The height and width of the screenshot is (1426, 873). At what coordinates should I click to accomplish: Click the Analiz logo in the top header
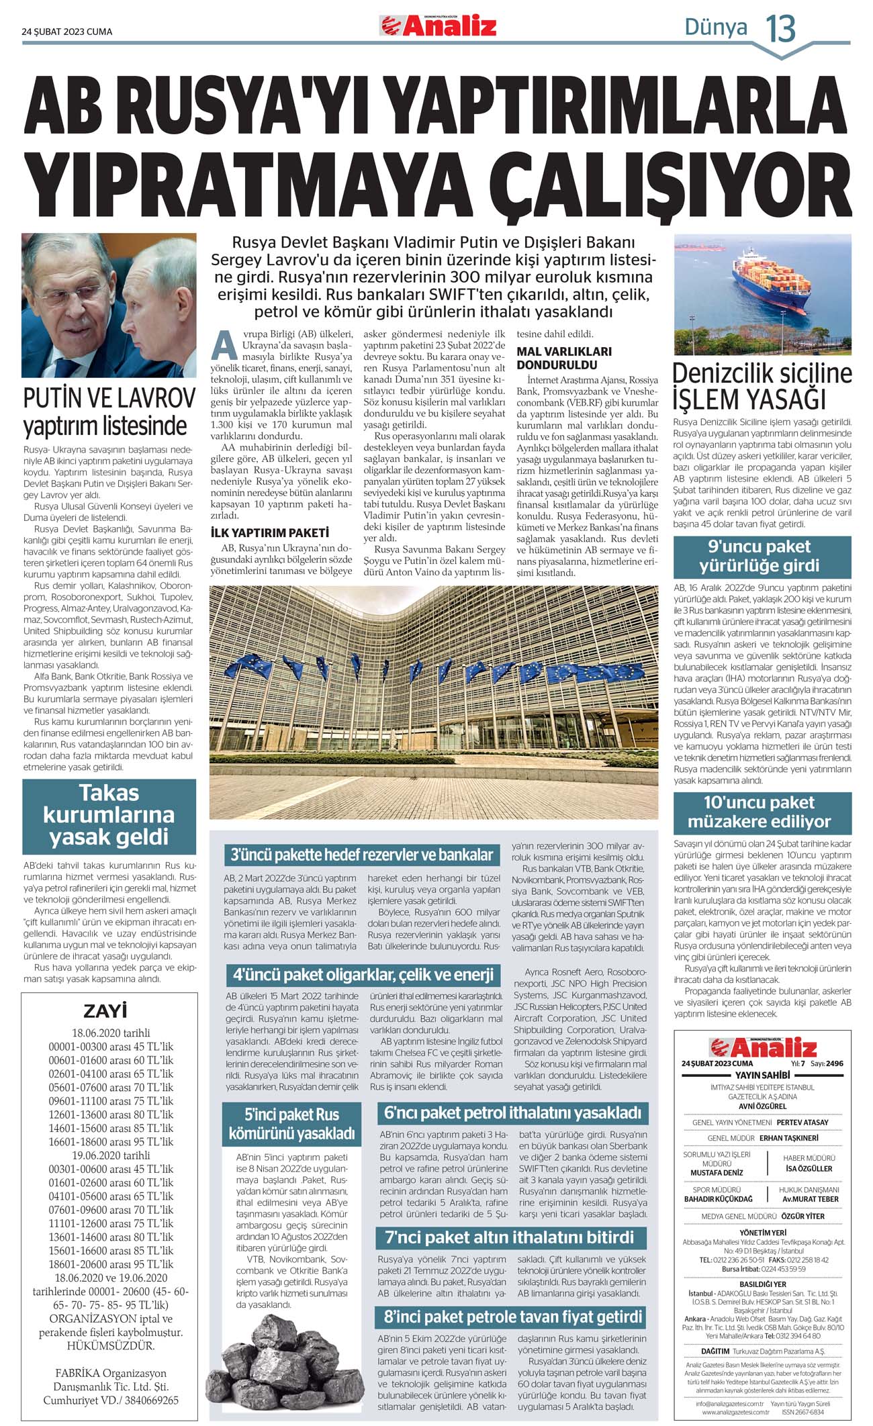(x=439, y=26)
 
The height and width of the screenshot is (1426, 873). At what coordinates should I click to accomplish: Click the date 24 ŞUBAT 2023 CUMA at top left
(x=67, y=32)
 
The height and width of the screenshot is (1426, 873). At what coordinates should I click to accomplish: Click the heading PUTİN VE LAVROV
(x=109, y=399)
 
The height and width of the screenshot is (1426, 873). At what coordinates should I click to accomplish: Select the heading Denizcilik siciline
(x=762, y=373)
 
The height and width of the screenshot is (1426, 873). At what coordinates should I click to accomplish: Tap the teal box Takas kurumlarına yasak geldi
(x=109, y=815)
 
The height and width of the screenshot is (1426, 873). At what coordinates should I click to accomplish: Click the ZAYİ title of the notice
(x=109, y=1011)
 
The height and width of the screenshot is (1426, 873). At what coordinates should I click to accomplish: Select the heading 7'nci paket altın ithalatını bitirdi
(x=509, y=1237)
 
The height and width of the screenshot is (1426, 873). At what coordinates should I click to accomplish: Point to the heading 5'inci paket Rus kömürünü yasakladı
(x=291, y=1124)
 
